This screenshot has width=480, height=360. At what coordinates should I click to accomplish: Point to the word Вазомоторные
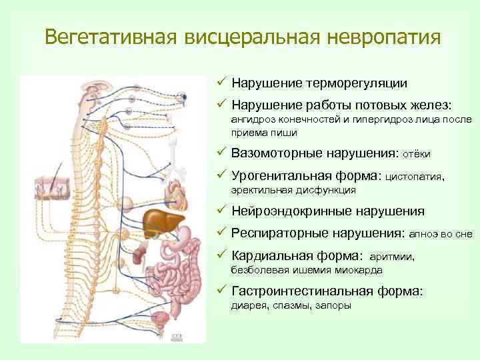279,153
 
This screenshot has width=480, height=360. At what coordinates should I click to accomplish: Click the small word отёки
416,154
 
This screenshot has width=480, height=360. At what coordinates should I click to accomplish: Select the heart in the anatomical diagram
181,197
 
